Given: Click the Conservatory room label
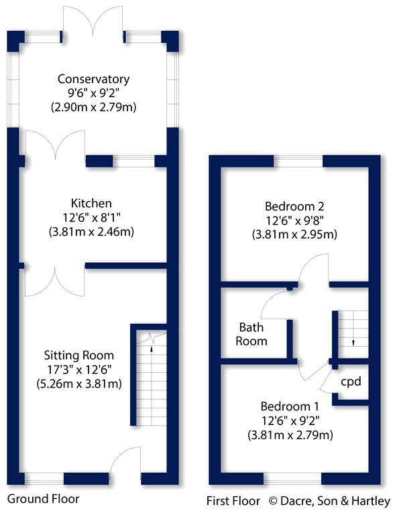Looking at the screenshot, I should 93,80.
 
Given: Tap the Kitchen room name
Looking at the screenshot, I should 93,203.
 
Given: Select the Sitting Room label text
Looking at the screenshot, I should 79,355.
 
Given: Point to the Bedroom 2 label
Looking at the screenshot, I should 294,205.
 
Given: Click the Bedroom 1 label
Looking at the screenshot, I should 290,406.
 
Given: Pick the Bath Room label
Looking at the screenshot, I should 253,334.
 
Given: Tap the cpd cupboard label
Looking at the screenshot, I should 351,382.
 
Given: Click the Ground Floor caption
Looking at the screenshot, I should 43,499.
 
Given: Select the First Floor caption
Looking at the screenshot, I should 234,500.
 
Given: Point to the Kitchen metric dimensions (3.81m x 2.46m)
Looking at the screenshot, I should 93,233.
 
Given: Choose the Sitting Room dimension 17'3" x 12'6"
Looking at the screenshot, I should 79,369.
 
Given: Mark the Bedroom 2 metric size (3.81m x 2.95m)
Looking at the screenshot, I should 294,235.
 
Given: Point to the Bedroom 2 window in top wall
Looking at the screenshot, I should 298,161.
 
